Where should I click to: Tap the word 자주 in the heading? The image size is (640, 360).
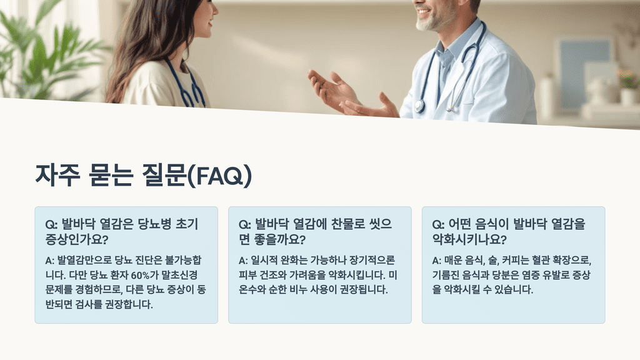[x=58, y=176]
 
